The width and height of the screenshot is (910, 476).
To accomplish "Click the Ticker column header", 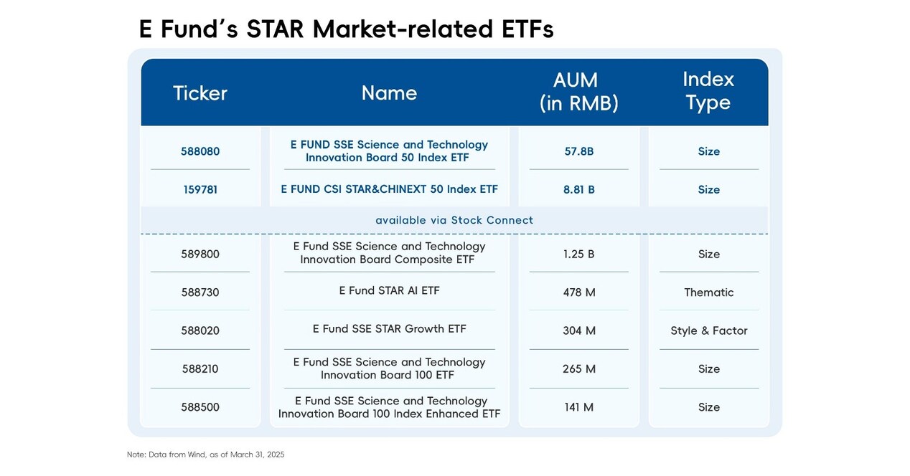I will (200, 93).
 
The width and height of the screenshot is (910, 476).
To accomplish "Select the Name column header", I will (389, 93).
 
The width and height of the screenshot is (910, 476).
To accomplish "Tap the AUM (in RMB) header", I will (578, 91).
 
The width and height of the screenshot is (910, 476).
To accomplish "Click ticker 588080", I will (200, 151).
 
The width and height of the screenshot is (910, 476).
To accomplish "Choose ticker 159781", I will (200, 190).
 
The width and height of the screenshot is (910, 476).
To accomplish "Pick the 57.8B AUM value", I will (579, 151).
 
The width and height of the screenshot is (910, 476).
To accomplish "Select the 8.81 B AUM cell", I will (579, 190).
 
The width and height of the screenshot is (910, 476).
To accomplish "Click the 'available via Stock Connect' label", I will (454, 220).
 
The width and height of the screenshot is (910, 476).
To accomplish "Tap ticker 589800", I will (200, 254).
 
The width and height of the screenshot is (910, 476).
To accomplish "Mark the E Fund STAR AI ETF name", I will (389, 290).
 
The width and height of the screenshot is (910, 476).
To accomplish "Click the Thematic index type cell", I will (708, 292).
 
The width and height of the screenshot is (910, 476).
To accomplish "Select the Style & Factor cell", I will (708, 330).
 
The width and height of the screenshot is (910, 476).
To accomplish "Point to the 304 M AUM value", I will (579, 330).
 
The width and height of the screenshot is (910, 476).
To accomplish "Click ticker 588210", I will (200, 369).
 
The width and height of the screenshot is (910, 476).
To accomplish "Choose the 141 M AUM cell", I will (579, 407).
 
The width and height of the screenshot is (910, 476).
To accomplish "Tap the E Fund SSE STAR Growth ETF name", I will (389, 329).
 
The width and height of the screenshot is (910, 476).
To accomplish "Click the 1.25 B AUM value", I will (579, 254).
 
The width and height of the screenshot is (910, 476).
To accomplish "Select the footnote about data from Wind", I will (205, 454).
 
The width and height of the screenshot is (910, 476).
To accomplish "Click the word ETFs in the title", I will (522, 29).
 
